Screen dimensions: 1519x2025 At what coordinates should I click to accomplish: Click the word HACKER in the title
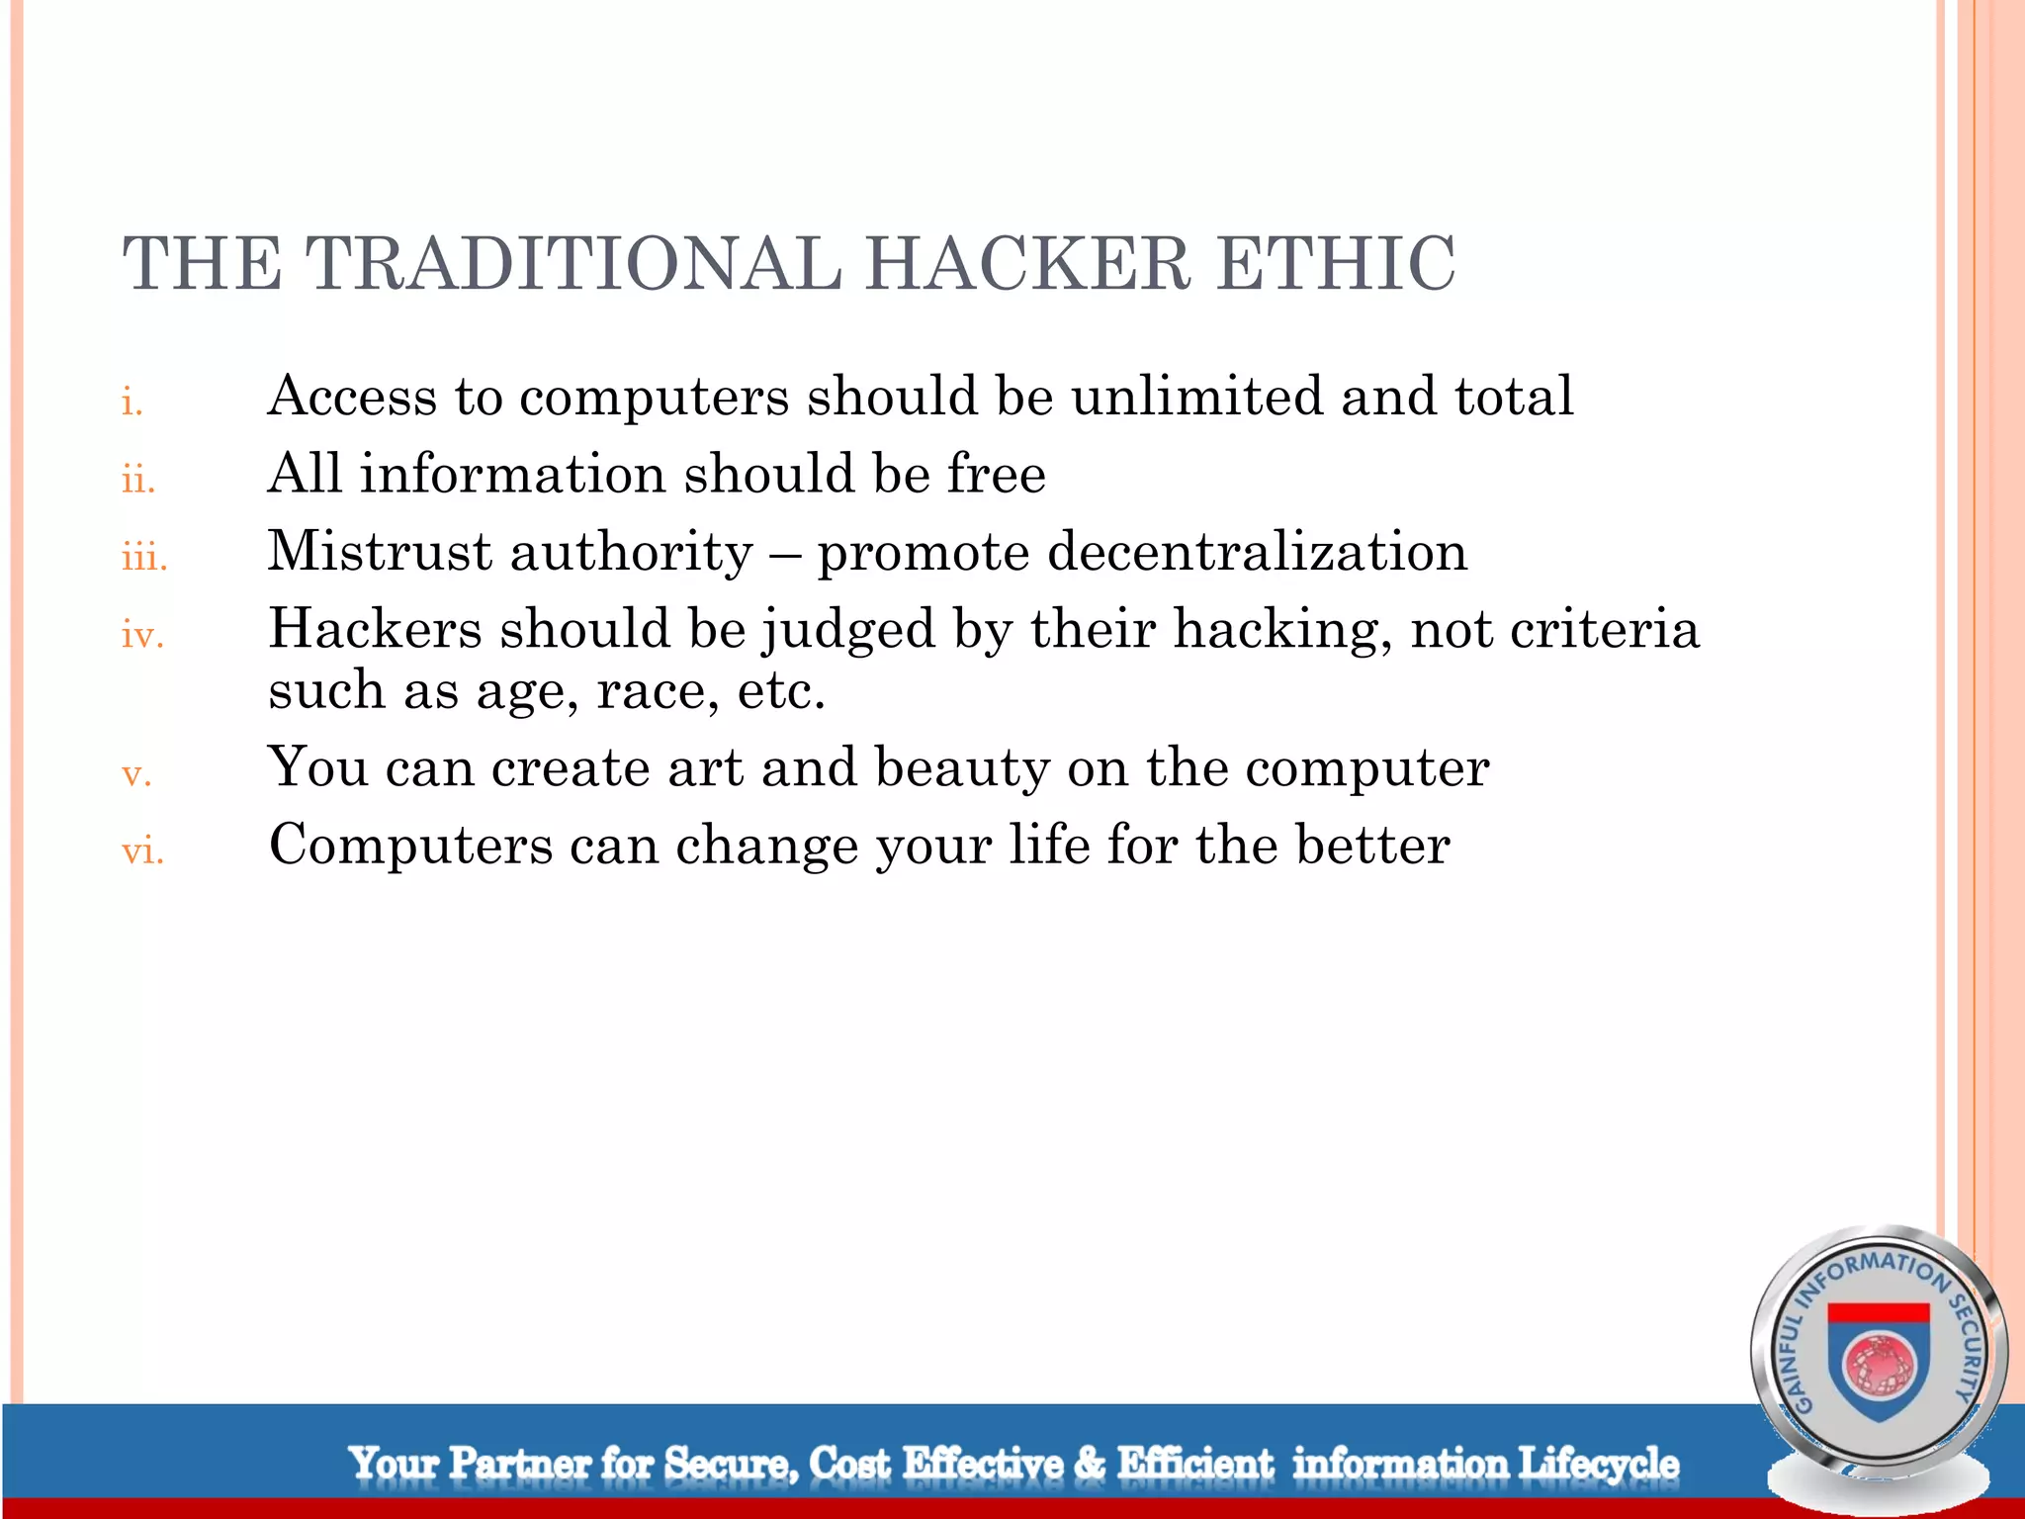click(x=1028, y=264)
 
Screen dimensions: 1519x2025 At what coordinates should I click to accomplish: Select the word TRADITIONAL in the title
click(x=572, y=264)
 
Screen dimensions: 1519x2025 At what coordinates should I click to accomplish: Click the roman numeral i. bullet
click(x=132, y=402)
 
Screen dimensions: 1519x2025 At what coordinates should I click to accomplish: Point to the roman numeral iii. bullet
click(x=144, y=558)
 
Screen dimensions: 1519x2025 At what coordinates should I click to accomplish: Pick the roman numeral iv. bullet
click(x=142, y=635)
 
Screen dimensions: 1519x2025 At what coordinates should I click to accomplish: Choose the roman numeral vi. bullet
click(x=142, y=850)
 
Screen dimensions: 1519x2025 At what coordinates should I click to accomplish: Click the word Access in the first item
click(x=352, y=397)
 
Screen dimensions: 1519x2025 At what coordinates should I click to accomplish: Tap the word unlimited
click(x=1197, y=397)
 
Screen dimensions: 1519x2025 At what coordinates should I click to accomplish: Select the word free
click(x=997, y=474)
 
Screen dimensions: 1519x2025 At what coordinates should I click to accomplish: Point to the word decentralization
click(x=1257, y=551)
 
